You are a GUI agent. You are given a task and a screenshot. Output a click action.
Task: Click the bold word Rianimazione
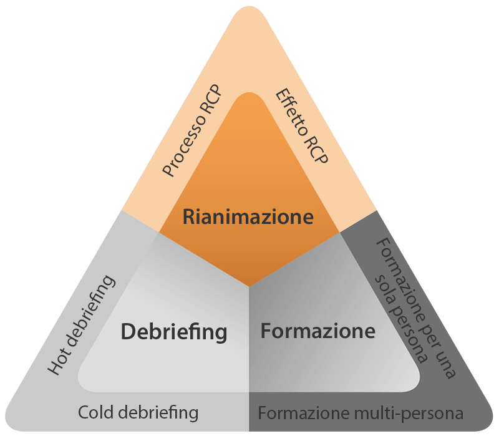point(248,217)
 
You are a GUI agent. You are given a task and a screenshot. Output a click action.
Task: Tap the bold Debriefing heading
point(173,331)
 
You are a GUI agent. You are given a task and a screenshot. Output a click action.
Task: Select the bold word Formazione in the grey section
point(317,330)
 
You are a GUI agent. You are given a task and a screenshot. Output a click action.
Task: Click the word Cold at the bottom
point(97,412)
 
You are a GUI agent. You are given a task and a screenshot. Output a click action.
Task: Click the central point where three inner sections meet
point(249,288)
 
